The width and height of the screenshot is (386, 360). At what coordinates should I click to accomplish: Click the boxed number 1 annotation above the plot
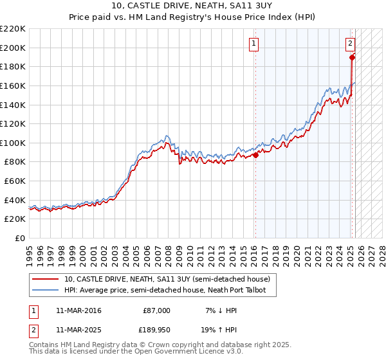click(x=254, y=44)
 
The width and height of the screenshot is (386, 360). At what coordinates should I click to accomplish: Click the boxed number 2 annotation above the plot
click(x=350, y=44)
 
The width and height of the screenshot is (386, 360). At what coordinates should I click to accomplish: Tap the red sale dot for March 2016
click(x=255, y=154)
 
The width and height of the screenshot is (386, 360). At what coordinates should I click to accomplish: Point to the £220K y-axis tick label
click(x=13, y=29)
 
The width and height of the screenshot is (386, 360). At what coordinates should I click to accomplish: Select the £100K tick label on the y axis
click(x=13, y=143)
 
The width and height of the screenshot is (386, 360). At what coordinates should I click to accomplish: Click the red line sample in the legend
click(x=45, y=279)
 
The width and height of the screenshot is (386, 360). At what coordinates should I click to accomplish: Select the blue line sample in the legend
click(x=45, y=291)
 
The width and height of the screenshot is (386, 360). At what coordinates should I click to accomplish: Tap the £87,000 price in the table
click(x=156, y=310)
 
